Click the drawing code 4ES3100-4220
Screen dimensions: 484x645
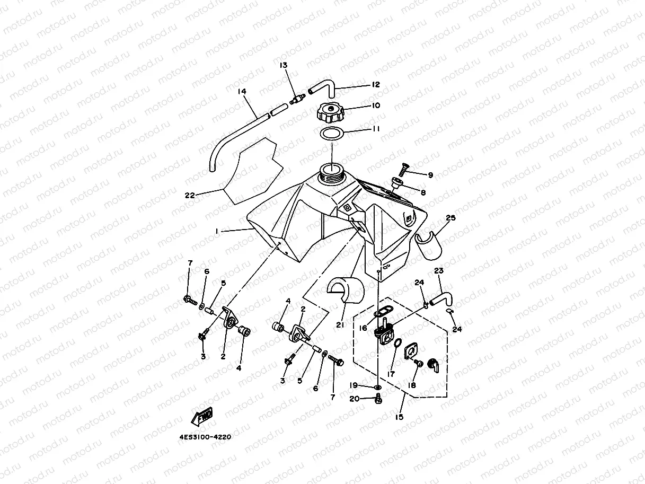point(205,438)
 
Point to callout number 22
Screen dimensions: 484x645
point(190,195)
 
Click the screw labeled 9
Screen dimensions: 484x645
point(405,170)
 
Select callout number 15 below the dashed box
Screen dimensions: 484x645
point(399,417)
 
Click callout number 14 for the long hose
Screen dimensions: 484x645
point(242,92)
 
